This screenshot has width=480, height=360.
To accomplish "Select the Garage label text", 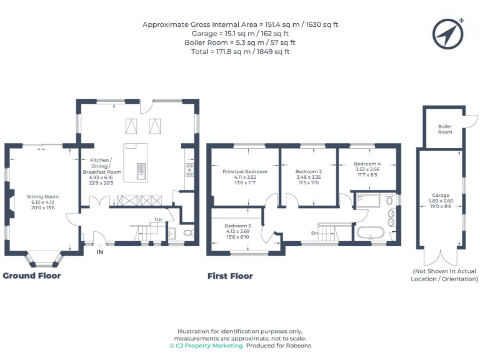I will click(441, 195).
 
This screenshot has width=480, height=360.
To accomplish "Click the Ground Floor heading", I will click(32, 276).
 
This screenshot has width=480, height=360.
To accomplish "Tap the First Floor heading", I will click(230, 276).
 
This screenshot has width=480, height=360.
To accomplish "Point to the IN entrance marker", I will click(99, 252).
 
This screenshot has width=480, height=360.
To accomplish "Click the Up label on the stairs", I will click(159, 219).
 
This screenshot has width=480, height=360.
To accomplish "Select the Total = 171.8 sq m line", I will click(240, 52).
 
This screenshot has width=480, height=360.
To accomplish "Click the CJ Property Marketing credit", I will click(206, 346).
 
